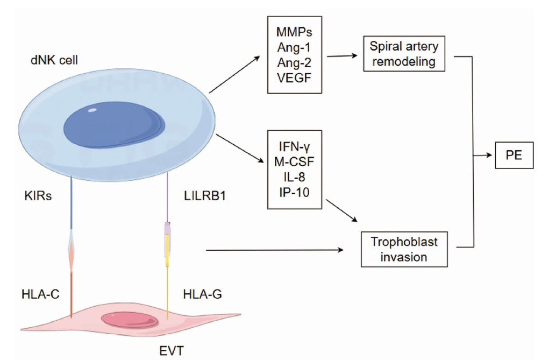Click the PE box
coord(514,155)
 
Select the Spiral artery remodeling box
coord(404,54)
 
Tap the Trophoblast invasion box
coord(404,249)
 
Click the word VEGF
coord(294,77)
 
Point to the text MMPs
coord(294,32)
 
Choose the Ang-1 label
coord(294,47)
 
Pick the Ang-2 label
coord(294,62)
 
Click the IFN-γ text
coord(294,146)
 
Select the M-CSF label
coord(294,161)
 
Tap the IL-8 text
coord(294,177)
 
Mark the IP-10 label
coord(294,192)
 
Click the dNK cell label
coord(54,60)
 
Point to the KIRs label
coord(38,196)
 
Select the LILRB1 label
coord(205,196)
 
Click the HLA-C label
coord(40,294)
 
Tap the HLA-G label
coord(203,294)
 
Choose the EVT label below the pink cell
coord(172,351)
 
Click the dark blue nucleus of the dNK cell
coord(114,125)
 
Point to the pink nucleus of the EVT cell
coord(130,320)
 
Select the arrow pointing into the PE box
coord(482,155)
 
